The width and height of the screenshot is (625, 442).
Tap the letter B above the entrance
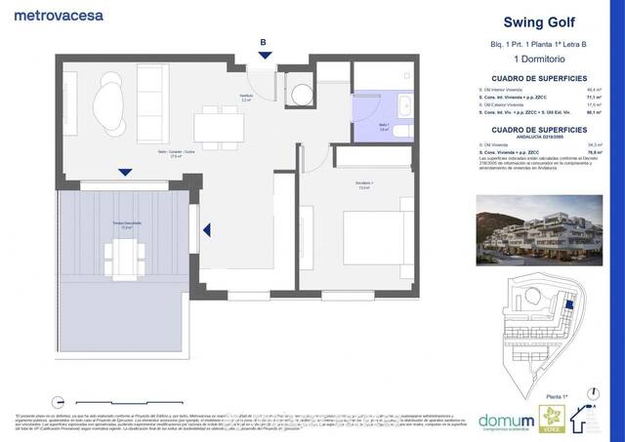coord(263,42)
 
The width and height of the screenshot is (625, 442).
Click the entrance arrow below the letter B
coord(263,57)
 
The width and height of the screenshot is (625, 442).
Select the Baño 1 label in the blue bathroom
coord(385,127)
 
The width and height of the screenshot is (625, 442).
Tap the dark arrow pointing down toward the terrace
coord(125,173)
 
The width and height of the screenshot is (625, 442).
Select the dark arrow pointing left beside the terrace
coord(207,230)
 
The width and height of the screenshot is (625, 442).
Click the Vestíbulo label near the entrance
coord(246,97)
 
